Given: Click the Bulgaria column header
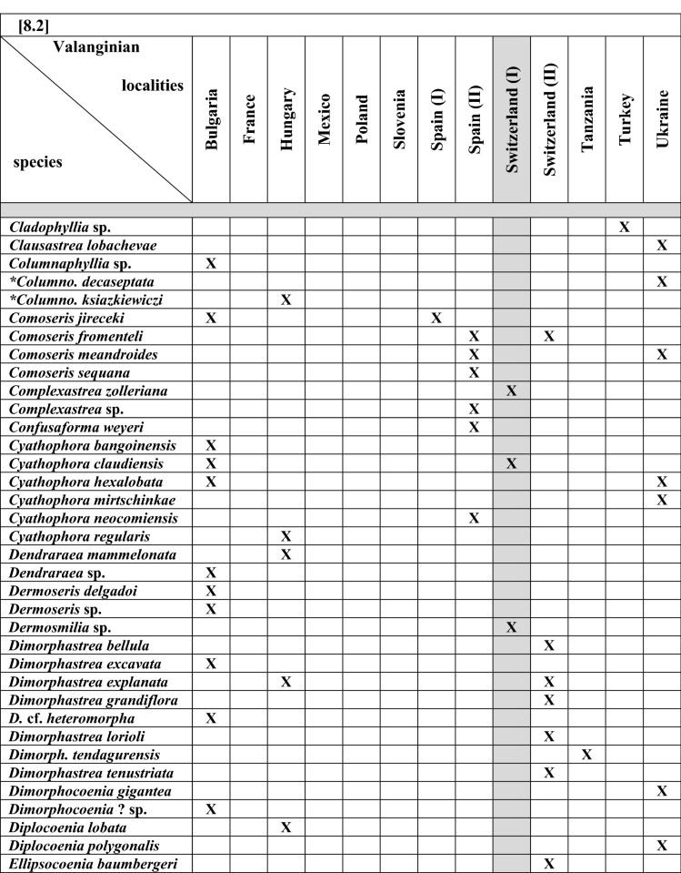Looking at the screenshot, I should [211, 119].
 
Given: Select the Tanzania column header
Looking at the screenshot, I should [586, 119].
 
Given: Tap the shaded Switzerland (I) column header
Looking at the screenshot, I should [511, 119].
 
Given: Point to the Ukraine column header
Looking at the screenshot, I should [662, 119].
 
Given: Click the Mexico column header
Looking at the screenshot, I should [324, 119].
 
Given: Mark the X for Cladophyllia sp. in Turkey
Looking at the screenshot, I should [625, 227].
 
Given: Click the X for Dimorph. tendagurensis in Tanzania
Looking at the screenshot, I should [586, 755].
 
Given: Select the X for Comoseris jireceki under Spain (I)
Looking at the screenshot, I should [436, 318].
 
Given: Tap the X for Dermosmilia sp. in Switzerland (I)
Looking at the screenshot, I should [511, 627].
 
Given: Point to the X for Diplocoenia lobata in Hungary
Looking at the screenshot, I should [286, 827].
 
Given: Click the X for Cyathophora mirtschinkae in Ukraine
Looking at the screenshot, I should [662, 500].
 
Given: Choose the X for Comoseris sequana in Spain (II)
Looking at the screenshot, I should [474, 372].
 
